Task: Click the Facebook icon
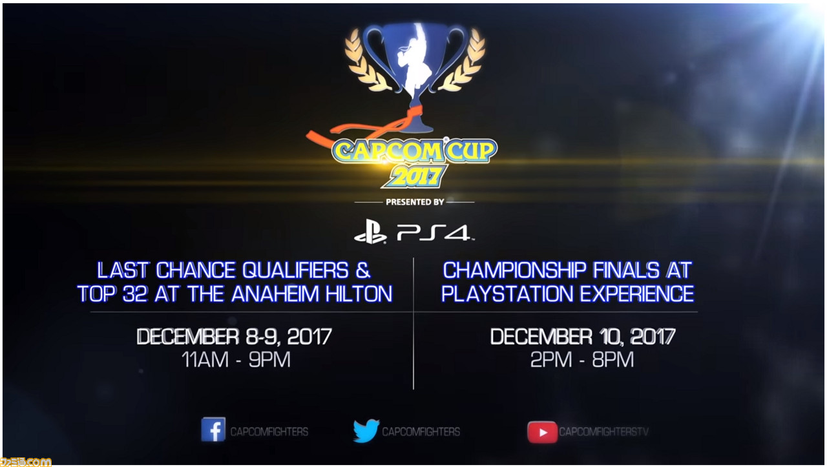pos(213,430)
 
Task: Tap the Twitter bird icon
pos(366,430)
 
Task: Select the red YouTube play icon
pos(542,432)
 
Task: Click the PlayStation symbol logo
pos(370,232)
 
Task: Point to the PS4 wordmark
pos(434,233)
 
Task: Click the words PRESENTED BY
pos(415,202)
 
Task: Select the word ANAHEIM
pos(275,295)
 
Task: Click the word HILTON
pos(359,295)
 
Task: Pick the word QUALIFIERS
pos(295,271)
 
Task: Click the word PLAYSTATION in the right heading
pos(507,295)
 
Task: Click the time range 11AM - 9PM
pos(236,360)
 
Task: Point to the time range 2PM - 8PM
pos(582,360)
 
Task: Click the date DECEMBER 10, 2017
pos(583,337)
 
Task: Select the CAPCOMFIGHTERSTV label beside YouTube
pos(603,432)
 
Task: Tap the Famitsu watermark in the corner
pos(25,462)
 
